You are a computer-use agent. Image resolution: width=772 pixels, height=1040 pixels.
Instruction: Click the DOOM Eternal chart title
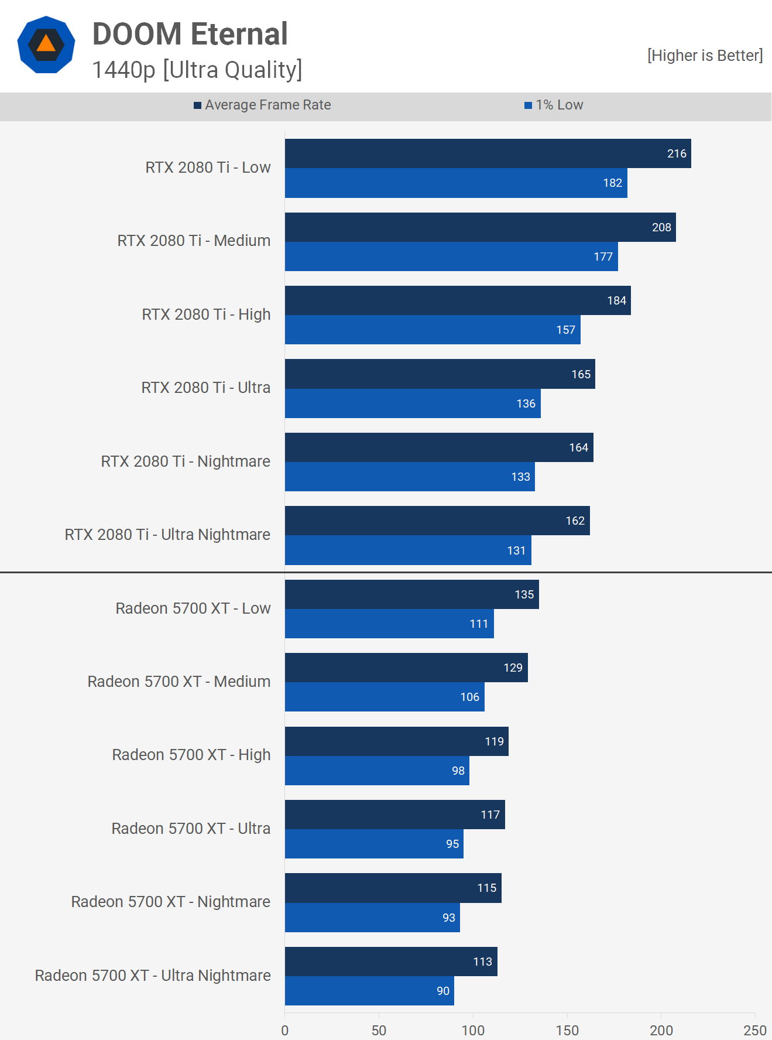[190, 34]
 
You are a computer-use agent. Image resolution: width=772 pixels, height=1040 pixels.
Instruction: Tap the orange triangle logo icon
[46, 45]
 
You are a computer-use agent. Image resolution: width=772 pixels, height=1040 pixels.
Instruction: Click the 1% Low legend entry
[554, 105]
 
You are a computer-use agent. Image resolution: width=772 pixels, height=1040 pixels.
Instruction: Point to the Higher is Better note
[705, 56]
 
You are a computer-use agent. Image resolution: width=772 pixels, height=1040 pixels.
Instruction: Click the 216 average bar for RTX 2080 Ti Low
[488, 153]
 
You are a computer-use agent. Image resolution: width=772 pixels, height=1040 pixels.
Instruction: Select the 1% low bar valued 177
[451, 256]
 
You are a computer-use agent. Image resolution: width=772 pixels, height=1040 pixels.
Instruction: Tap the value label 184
[616, 300]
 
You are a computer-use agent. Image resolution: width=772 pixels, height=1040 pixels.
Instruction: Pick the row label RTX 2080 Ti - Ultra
[205, 388]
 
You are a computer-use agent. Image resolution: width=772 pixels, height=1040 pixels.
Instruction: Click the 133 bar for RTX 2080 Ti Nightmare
[410, 477]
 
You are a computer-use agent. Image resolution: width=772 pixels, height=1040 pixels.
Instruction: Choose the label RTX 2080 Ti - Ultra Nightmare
[167, 535]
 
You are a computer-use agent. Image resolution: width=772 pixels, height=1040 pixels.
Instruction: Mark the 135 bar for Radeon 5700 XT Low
[411, 594]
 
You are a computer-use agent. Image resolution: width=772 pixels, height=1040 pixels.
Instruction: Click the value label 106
[469, 697]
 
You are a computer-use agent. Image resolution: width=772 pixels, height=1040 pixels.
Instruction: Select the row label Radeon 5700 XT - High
[191, 755]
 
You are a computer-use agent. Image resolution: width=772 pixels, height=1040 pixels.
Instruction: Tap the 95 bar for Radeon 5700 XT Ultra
[374, 844]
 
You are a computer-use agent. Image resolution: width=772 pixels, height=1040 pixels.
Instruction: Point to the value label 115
[486, 888]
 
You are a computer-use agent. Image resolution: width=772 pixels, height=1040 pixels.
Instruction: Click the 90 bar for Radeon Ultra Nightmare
[369, 991]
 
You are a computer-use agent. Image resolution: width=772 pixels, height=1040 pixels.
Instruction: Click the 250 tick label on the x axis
[754, 1030]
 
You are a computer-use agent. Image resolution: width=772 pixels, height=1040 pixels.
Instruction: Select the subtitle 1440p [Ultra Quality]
[197, 70]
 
